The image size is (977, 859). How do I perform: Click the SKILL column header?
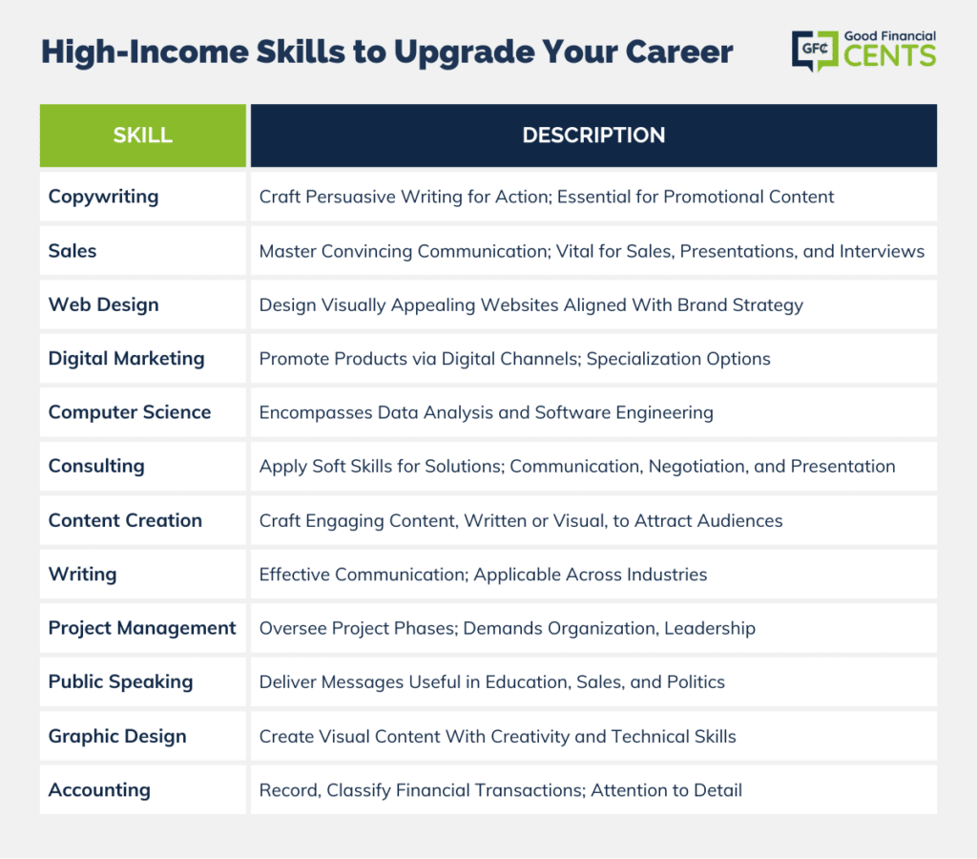point(143,136)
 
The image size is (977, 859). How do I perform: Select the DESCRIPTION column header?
point(593,136)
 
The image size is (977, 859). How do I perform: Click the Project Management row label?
point(142,628)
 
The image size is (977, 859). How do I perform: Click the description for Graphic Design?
point(497,736)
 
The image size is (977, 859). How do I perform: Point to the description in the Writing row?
point(483,575)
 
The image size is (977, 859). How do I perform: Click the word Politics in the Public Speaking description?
point(696,682)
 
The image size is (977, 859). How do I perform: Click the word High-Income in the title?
point(145,52)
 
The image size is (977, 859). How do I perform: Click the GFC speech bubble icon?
point(815,51)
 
